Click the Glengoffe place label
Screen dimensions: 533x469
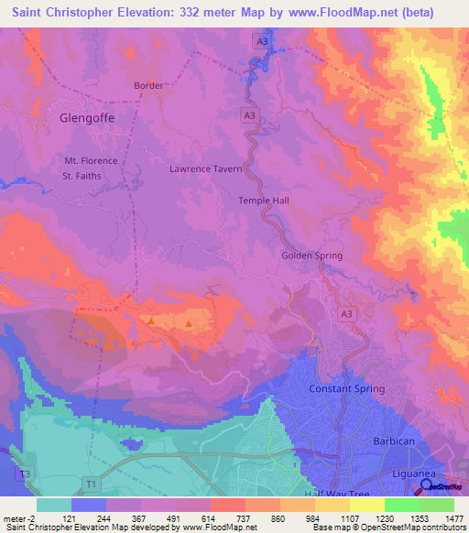tap(89, 118)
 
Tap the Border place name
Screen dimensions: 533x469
tap(148, 86)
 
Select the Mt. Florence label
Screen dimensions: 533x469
tap(91, 161)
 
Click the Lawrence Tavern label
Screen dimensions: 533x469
tap(206, 169)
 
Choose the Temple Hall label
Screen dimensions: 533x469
tap(264, 201)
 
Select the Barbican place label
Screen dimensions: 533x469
tap(395, 441)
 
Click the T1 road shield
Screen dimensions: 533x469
tap(91, 483)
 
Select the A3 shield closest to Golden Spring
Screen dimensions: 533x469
tap(346, 314)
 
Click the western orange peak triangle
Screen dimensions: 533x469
tap(150, 321)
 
